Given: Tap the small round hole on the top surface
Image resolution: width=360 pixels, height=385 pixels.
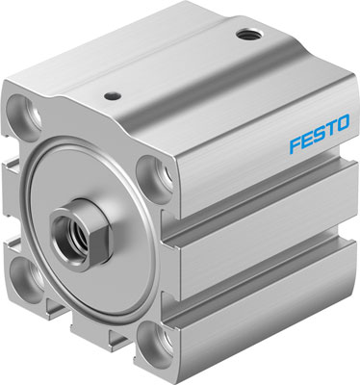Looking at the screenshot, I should (115, 94).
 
